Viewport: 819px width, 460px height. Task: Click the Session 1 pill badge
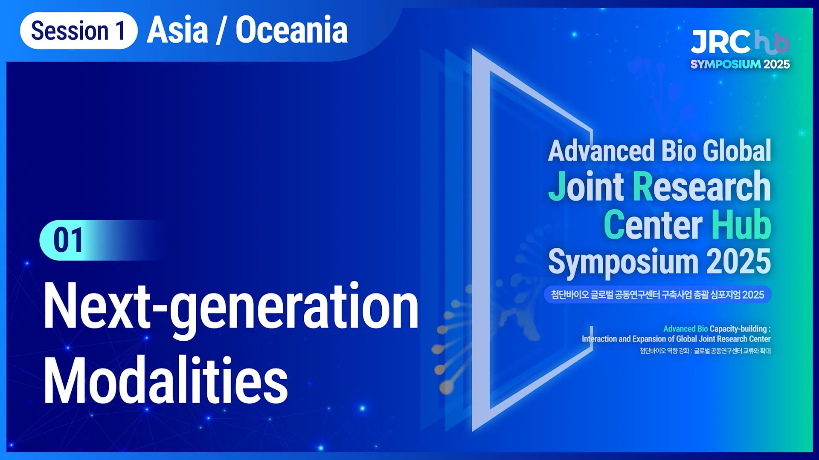[x=79, y=31]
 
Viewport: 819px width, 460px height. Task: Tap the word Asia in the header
[x=177, y=30]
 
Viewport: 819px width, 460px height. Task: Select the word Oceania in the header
[x=292, y=30]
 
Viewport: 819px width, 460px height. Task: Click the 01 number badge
[x=68, y=240]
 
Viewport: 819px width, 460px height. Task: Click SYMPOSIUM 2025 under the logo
[x=740, y=64]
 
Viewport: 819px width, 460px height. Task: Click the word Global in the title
[x=737, y=151]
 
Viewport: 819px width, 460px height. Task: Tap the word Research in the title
[x=702, y=186]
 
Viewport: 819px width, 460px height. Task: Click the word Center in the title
[x=653, y=224]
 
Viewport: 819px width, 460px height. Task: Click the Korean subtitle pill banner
[x=658, y=295]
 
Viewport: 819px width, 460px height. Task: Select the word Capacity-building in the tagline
[x=738, y=329]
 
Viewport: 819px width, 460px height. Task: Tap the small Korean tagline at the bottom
[x=705, y=351]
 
